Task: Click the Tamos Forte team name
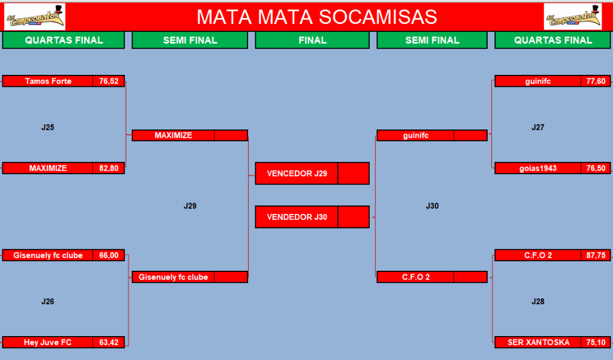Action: pos(48,81)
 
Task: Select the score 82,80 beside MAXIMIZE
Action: pos(108,168)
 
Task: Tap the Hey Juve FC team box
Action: pos(48,343)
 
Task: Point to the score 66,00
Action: pos(108,256)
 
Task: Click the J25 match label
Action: pos(48,128)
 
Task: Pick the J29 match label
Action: pos(190,206)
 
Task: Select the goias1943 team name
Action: pos(538,168)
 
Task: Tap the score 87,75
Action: pos(596,256)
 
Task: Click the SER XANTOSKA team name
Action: pos(538,343)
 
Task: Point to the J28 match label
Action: pos(538,301)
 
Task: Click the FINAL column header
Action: pos(312,40)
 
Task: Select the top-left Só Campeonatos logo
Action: pos(35,17)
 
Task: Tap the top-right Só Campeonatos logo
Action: pos(573,17)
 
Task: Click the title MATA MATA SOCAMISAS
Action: pos(316,17)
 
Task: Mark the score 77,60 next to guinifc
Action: pos(596,81)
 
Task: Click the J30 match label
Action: pos(432,206)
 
